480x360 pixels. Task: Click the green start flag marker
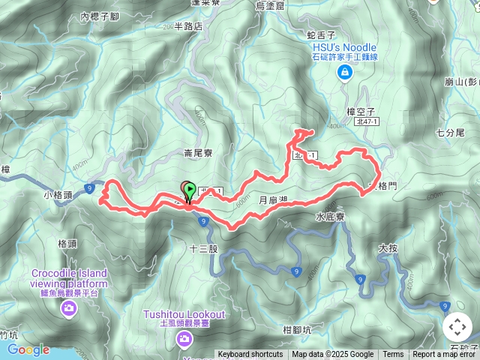190,189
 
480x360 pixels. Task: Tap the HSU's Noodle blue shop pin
344,72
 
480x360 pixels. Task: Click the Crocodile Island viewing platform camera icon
69,307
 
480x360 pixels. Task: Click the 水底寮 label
330,216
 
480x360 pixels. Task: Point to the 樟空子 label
361,110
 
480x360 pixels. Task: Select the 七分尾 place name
451,133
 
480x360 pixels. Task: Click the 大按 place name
388,247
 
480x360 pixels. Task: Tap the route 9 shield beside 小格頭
89,188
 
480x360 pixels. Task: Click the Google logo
28,349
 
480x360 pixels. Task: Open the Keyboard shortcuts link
250,355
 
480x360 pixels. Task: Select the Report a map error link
444,355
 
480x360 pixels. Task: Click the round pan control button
457,327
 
